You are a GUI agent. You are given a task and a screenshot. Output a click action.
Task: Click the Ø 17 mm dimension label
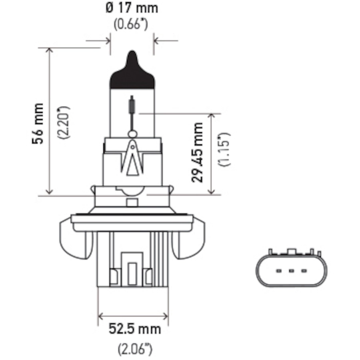coord(132,8)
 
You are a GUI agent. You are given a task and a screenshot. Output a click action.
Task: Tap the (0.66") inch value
coord(131,24)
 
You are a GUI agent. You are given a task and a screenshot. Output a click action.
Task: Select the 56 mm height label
coord(38,124)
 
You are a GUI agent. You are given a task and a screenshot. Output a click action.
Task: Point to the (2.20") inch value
coord(64,122)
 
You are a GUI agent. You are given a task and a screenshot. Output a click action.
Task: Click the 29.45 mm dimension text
coord(197,152)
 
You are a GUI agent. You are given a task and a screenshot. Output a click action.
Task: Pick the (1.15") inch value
coord(224,149)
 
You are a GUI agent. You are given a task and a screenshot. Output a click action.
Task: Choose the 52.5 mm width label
coord(135,329)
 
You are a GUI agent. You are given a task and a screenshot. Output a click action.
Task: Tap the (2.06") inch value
coord(135,349)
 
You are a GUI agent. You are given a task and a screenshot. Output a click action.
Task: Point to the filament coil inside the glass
coord(132,105)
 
